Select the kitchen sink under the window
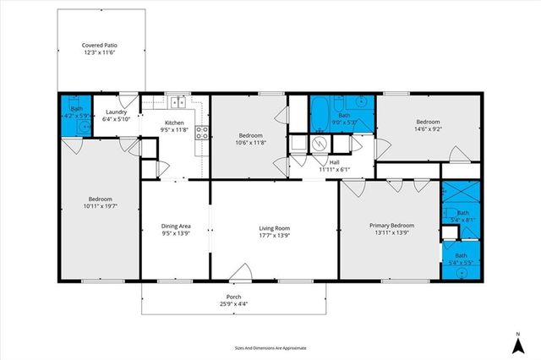[178, 103]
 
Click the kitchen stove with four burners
[202, 132]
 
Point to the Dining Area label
[177, 226]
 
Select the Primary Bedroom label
[391, 226]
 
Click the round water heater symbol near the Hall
[319, 144]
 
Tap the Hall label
[334, 162]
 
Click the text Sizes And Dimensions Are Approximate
[270, 347]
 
